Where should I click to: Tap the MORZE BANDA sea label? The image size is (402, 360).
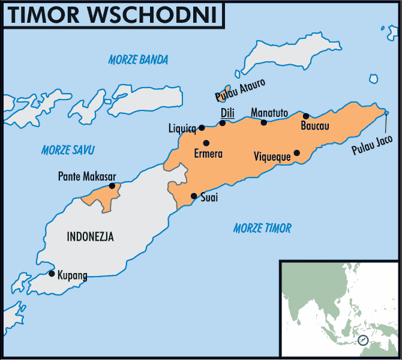click(138, 59)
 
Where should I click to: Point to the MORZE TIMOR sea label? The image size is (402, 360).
click(262, 228)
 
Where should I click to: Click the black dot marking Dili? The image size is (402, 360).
click(223, 123)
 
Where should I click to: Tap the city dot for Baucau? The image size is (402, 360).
click(306, 116)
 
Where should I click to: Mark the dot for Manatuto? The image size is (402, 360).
click(263, 122)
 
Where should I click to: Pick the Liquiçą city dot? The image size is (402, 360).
click(202, 127)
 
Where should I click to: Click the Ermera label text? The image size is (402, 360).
click(208, 154)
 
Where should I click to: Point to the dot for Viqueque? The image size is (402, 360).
click(296, 152)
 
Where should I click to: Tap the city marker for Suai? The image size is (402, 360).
click(194, 196)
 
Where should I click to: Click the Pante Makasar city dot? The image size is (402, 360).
click(112, 186)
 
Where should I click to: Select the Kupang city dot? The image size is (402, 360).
click(52, 274)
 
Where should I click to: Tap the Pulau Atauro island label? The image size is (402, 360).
click(240, 89)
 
